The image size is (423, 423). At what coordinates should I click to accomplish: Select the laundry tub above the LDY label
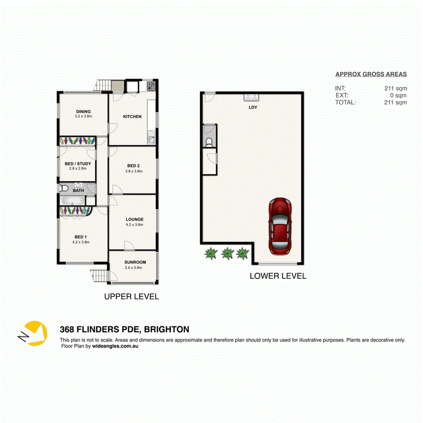[x=252, y=97]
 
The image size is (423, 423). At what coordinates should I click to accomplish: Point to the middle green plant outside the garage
[x=227, y=254]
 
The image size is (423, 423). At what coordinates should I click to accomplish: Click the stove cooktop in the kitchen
[x=151, y=86]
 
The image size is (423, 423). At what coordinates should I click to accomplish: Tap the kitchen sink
[x=151, y=139]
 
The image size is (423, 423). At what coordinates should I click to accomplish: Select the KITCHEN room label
[x=132, y=117]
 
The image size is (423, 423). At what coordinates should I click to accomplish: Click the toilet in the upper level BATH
[x=64, y=189]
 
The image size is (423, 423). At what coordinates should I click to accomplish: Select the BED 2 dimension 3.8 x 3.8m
[x=133, y=171]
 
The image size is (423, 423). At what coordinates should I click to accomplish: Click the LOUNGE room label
[x=134, y=219]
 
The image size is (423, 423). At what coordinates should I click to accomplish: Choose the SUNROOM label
[x=135, y=262]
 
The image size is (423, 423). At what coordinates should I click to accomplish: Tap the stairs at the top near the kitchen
[x=102, y=86]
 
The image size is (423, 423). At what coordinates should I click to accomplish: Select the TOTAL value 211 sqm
[x=396, y=102]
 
